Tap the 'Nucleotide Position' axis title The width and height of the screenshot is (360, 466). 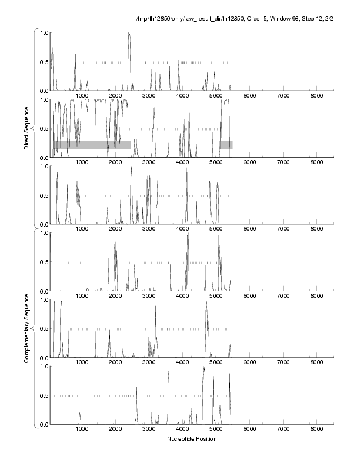point(192,439)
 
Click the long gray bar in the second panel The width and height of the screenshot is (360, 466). point(92,145)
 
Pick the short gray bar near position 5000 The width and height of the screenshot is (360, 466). point(226,145)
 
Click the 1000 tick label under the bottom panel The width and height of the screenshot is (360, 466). point(82,430)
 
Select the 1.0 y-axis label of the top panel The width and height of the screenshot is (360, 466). point(44,32)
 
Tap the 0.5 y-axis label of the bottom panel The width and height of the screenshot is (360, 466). point(44,395)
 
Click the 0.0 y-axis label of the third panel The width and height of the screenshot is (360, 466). point(44,225)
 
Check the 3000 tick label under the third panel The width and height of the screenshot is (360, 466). point(149,229)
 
